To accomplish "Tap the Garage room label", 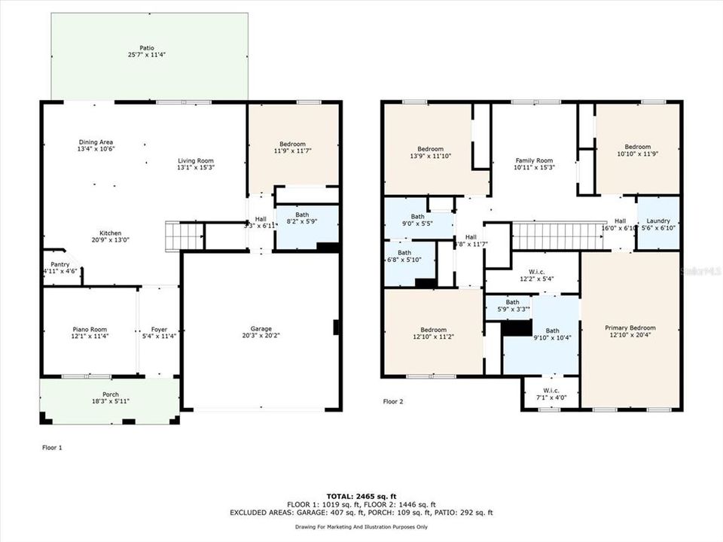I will tap(261, 329).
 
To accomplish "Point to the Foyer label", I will tap(159, 329).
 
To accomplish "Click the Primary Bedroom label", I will tap(630, 328).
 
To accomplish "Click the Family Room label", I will tap(534, 160).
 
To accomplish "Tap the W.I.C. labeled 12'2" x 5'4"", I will tap(537, 274).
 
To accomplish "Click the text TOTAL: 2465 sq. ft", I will tap(361, 495).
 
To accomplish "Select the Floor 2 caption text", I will tap(393, 402).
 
